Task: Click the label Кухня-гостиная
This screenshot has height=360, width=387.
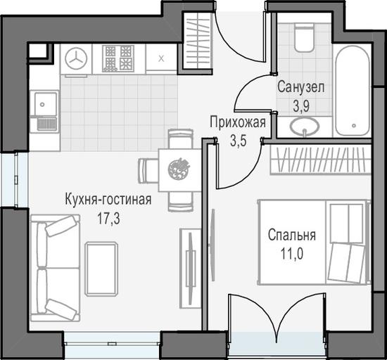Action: pyautogui.click(x=108, y=200)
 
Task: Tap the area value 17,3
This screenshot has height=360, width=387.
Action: pyautogui.click(x=108, y=218)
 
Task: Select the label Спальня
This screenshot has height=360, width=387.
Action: pyautogui.click(x=292, y=236)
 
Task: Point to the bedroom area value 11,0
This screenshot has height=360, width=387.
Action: pyautogui.click(x=292, y=254)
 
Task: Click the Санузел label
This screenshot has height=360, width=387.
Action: pyautogui.click(x=300, y=87)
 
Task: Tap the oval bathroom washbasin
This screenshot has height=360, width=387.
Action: pyautogui.click(x=305, y=127)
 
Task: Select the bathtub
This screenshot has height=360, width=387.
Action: pyautogui.click(x=353, y=91)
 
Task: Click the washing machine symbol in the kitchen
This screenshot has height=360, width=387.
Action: pyautogui.click(x=76, y=58)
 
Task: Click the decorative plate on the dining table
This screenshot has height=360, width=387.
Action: pyautogui.click(x=179, y=169)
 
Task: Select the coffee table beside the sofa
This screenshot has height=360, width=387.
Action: pyautogui.click(x=101, y=269)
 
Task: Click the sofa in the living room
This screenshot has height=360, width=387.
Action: pyautogui.click(x=56, y=268)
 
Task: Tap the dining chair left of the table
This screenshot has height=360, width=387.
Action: pyautogui.click(x=148, y=171)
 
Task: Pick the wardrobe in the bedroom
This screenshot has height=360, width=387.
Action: pyautogui.click(x=321, y=160)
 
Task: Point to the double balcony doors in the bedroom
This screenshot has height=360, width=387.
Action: pyautogui.click(x=278, y=313)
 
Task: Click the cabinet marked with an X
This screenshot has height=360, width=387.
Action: pyautogui.click(x=161, y=58)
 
